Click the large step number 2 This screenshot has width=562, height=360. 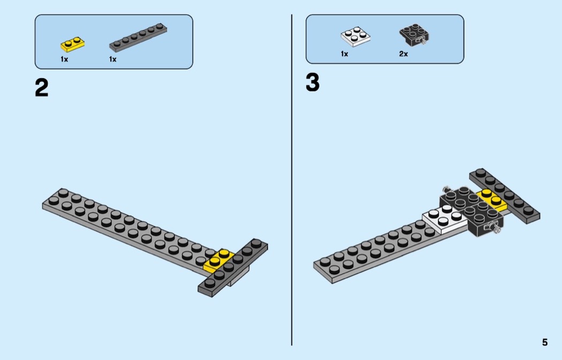coord(42,88)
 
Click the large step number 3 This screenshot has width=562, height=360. coord(313,83)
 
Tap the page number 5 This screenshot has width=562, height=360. coord(545,342)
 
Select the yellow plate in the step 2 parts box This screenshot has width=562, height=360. coord(72,44)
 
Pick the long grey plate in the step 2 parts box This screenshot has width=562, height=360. coord(138,37)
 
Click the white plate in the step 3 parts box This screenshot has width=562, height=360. coord(355,36)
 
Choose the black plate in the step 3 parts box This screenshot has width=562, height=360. coord(414,35)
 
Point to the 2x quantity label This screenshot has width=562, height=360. coord(403,53)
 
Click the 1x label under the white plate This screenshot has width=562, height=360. coord(344,53)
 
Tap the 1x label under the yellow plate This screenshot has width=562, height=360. coord(64,59)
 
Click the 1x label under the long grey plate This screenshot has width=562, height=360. coord(112,59)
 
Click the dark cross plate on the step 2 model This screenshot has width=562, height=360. coord(233,267)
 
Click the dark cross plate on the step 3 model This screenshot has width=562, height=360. coord(505,196)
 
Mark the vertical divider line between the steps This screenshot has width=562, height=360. coord(292,180)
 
